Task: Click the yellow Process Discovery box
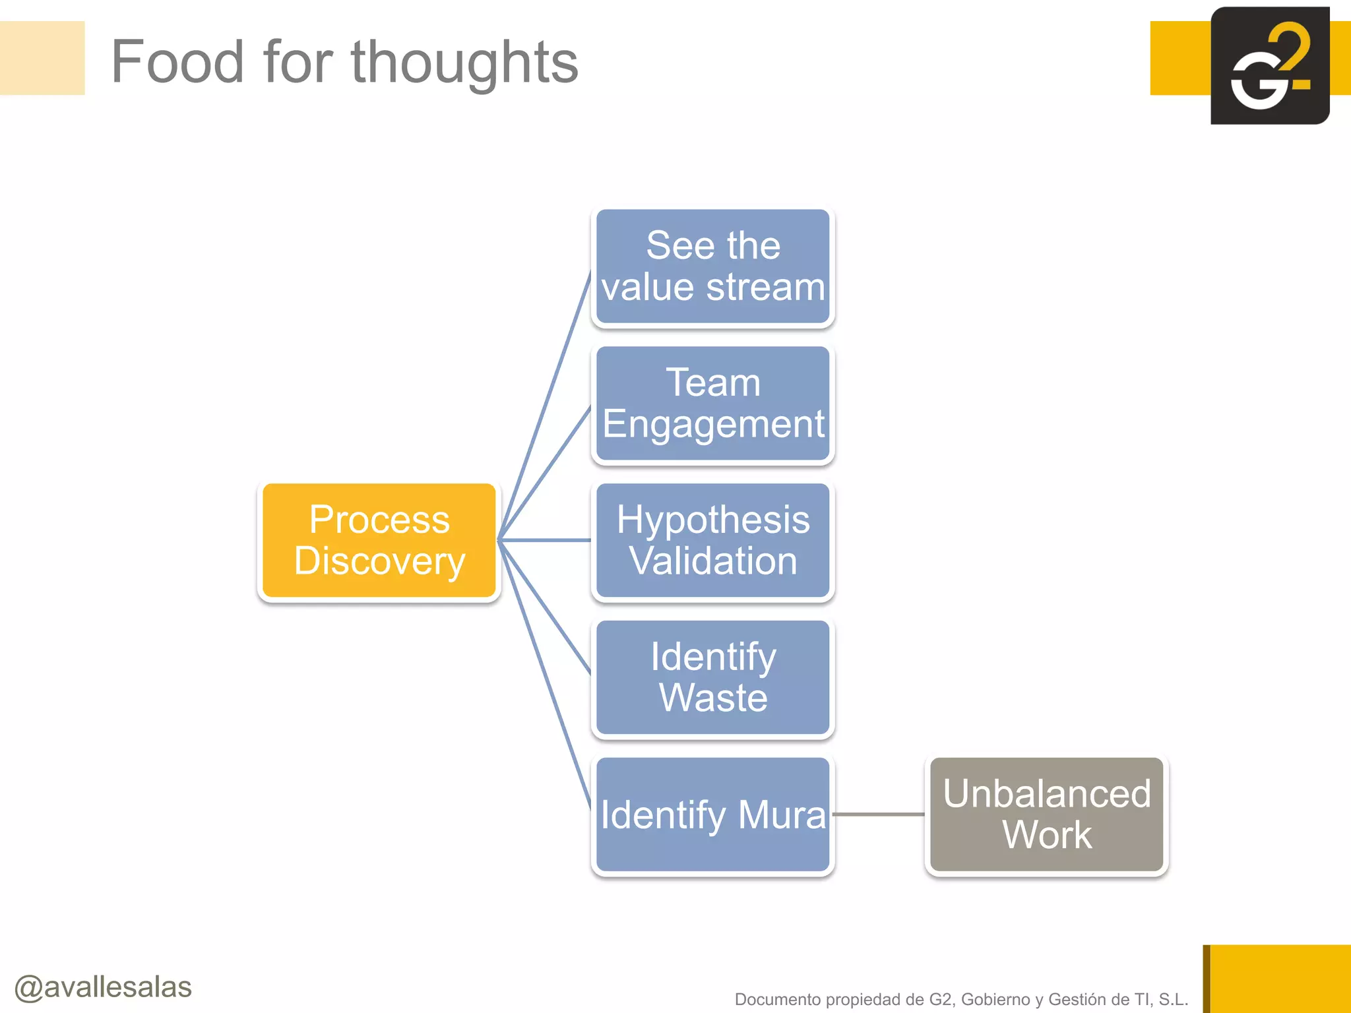click(379, 540)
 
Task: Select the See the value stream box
click(712, 266)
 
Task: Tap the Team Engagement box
click(712, 403)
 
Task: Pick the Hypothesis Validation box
click(712, 540)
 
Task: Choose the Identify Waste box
click(712, 677)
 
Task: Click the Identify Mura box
click(712, 814)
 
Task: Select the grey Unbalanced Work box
click(1046, 814)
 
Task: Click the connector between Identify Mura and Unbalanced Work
click(879, 814)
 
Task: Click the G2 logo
click(1269, 66)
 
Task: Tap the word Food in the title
click(177, 62)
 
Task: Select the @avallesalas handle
click(103, 987)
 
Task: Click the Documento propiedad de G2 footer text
click(961, 999)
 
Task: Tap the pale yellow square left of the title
click(42, 58)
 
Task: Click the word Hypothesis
click(712, 520)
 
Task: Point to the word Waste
click(713, 698)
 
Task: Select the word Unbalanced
click(1046, 793)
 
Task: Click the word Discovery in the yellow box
click(379, 561)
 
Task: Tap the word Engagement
click(713, 424)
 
